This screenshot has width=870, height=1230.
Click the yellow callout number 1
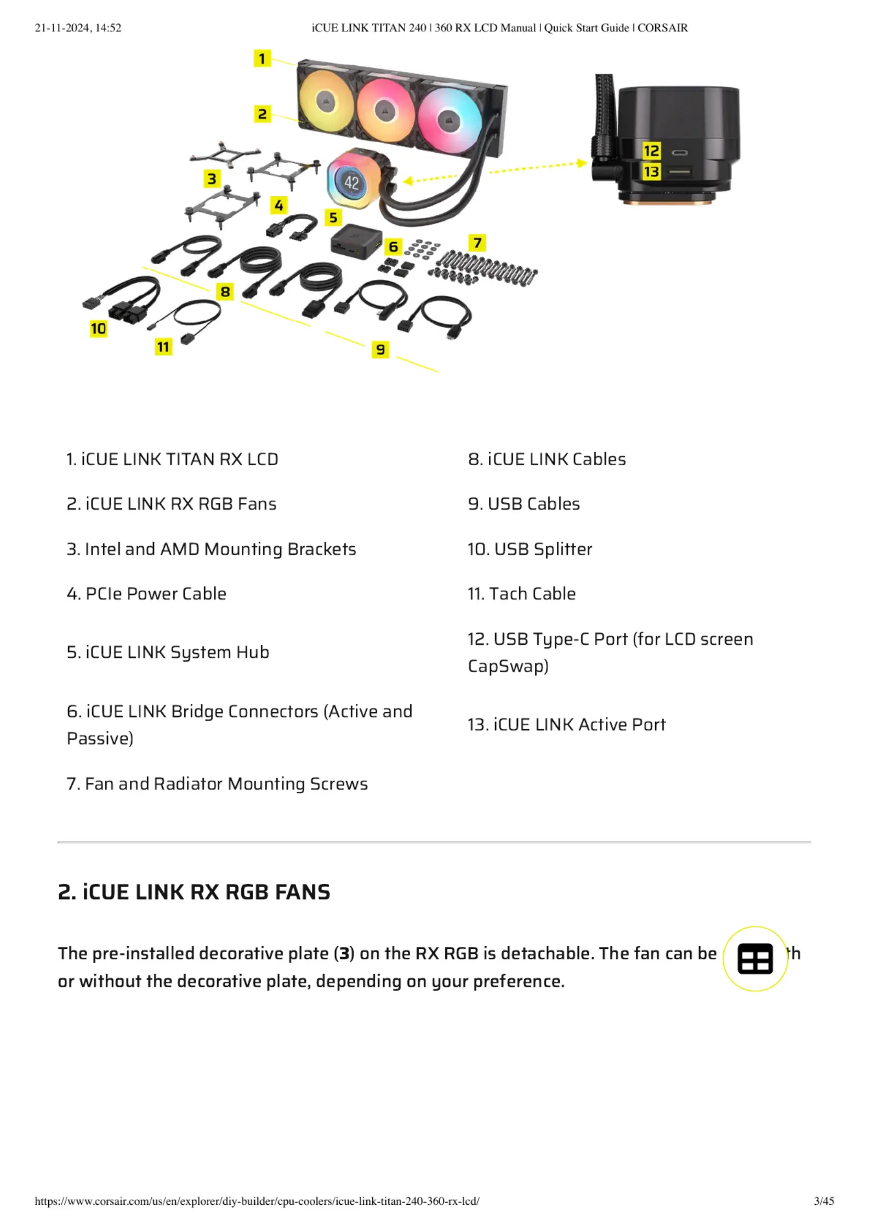[x=262, y=58]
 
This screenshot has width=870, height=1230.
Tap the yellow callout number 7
[x=477, y=243]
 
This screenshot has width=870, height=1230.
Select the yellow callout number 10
[x=99, y=328]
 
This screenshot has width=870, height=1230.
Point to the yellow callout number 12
[x=651, y=151]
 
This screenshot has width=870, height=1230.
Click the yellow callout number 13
[x=651, y=172]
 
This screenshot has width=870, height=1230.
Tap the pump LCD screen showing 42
[x=351, y=182]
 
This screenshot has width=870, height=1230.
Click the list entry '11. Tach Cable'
[x=521, y=594]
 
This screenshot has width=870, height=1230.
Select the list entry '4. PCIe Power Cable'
[x=146, y=594]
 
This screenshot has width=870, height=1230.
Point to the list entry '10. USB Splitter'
[x=530, y=549]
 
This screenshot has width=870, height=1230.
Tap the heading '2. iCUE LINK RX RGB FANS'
[x=194, y=892]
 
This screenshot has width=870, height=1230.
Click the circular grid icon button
[x=755, y=959]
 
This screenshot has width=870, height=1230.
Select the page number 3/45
[x=824, y=1202]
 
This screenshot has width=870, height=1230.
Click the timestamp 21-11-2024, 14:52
[x=78, y=28]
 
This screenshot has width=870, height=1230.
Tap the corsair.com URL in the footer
[x=257, y=1202]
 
